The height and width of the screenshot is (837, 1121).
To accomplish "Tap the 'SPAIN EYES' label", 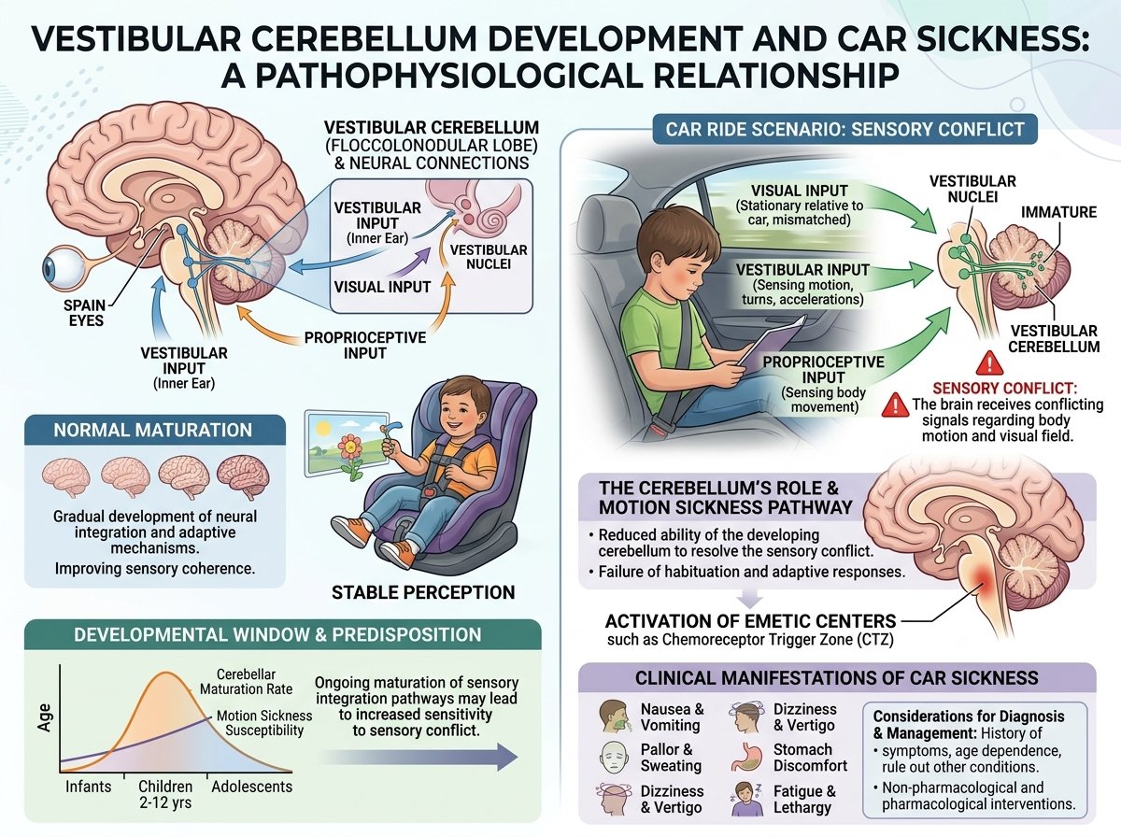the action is [x=84, y=313].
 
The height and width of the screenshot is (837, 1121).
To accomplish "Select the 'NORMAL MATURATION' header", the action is [x=152, y=430].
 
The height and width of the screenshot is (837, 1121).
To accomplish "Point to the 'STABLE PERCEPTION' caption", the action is [x=423, y=592].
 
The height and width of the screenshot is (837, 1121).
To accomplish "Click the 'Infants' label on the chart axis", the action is [x=88, y=786].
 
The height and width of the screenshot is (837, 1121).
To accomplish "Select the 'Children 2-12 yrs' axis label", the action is [x=165, y=794].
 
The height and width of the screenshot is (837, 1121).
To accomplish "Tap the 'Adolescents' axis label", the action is [x=252, y=786].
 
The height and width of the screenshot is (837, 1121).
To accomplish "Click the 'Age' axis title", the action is [x=45, y=717].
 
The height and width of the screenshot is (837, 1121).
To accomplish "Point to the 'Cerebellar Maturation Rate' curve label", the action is [x=247, y=681].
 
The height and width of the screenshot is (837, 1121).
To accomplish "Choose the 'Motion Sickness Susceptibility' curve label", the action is [x=264, y=723].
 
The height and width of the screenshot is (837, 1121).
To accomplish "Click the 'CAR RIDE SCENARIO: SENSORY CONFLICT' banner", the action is [x=844, y=129].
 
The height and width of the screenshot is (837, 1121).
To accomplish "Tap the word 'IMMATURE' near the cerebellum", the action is [x=1058, y=212].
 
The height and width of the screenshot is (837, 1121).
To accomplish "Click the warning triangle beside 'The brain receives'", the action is [x=896, y=404].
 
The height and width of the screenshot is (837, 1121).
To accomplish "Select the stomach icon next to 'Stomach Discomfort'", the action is [x=746, y=757].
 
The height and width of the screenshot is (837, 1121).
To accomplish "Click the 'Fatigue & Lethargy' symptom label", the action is [x=804, y=799].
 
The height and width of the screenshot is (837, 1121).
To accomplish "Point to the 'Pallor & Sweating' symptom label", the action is [x=671, y=758].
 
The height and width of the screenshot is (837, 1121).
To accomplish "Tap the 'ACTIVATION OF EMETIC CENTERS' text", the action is [x=750, y=621].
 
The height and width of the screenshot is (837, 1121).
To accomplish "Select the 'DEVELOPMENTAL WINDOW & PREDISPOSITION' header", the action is [x=277, y=634].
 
